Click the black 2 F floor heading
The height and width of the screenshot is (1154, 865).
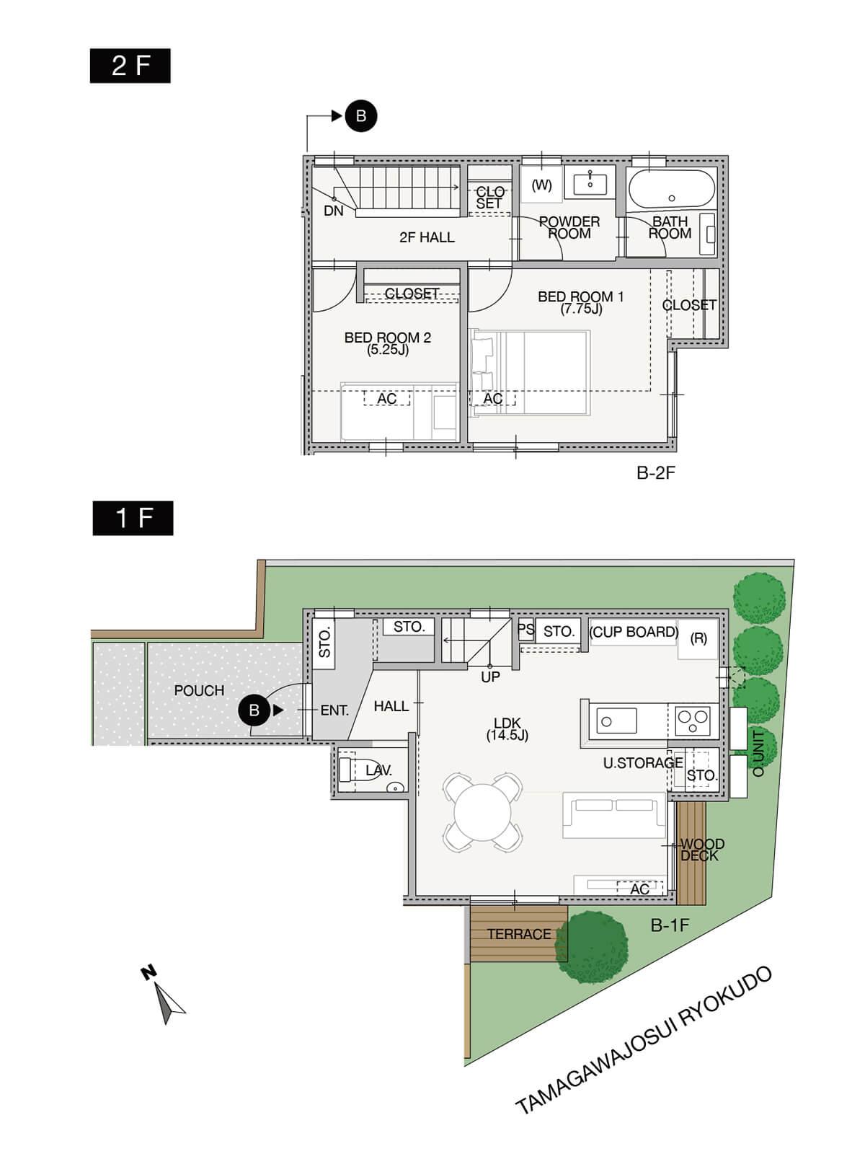tap(130, 66)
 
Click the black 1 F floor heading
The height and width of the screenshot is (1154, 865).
tap(133, 518)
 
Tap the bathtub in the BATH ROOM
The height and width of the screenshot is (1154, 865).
tap(672, 189)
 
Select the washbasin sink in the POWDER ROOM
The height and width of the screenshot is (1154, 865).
tap(590, 183)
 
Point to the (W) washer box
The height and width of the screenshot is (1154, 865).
tap(541, 185)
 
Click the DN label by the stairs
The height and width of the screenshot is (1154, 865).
tap(334, 211)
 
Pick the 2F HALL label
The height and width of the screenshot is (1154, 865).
tap(427, 237)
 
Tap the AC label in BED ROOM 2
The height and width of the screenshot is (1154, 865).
tap(386, 399)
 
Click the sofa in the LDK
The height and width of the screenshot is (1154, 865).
tap(614, 816)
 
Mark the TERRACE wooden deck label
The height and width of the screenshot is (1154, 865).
tap(519, 934)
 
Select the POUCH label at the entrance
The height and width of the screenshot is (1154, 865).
tap(199, 690)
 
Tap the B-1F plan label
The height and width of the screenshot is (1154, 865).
tap(670, 925)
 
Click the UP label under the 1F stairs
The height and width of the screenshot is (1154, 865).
tap(490, 677)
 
